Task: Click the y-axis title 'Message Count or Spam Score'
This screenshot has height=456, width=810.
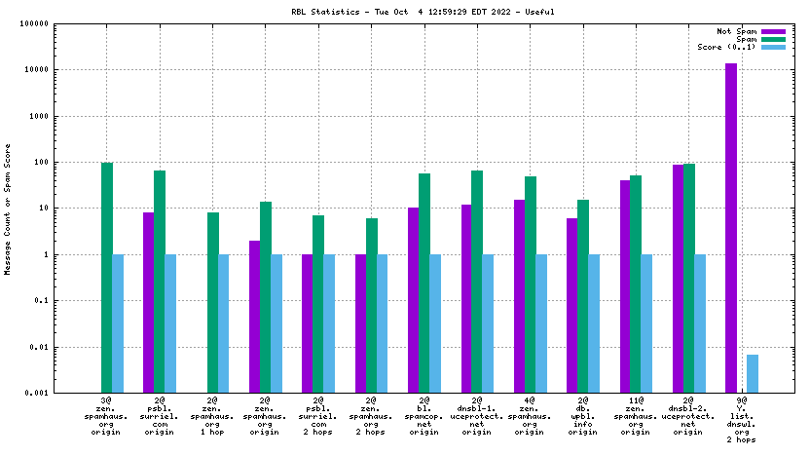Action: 9,209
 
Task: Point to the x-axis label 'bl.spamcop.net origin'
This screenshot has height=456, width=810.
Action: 424,416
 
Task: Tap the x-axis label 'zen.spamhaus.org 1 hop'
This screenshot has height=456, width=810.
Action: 212,416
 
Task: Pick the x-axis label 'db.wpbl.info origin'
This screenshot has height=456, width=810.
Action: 583,416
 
